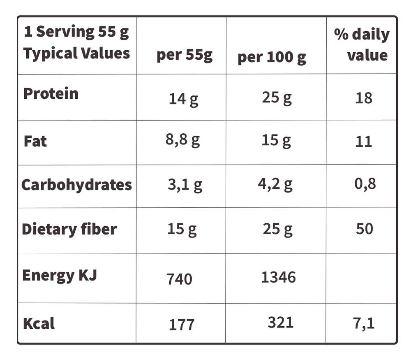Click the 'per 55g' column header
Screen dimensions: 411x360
[x=185, y=56]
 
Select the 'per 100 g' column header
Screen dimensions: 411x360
[x=272, y=58]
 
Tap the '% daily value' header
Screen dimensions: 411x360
[x=362, y=45]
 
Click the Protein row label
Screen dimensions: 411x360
[x=51, y=93]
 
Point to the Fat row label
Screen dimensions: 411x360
[x=35, y=141]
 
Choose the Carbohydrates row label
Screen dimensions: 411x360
[x=76, y=185]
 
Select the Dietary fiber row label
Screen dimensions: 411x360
[x=69, y=230]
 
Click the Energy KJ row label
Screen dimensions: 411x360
[x=60, y=276]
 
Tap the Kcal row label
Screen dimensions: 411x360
[x=39, y=323]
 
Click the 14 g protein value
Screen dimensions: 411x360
[x=183, y=100]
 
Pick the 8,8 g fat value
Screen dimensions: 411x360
[x=183, y=140]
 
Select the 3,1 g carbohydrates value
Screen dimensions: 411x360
[x=185, y=185]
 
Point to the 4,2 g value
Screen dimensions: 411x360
[x=275, y=184]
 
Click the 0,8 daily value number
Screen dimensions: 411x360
[x=365, y=183]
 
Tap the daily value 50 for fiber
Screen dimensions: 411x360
[x=364, y=229]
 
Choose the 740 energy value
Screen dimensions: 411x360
[x=179, y=279]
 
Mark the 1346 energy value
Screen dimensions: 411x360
[x=278, y=277]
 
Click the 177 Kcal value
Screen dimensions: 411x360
[x=181, y=325]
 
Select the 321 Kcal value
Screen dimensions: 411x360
[x=280, y=323]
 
